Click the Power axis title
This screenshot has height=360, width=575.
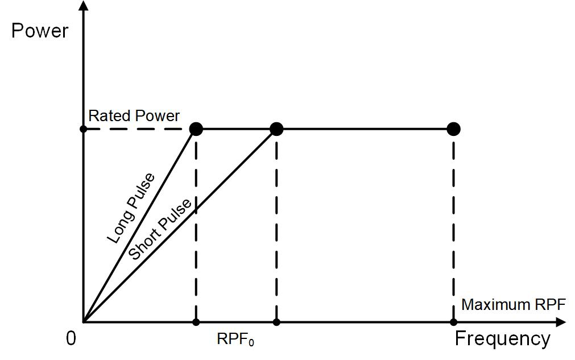[39, 30]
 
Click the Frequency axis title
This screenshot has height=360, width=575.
[502, 339]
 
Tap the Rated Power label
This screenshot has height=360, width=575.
[134, 116]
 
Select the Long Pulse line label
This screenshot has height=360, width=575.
[131, 208]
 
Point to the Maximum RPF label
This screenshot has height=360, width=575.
[513, 305]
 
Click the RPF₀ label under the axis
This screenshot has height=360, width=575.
[235, 340]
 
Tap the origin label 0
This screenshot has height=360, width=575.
[71, 339]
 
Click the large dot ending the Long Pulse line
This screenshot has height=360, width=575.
[196, 129]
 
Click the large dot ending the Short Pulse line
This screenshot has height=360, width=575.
[276, 129]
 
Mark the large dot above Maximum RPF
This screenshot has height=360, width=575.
[453, 129]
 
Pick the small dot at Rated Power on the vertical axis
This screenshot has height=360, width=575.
[84, 129]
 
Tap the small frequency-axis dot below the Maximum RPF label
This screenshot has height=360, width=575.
[453, 322]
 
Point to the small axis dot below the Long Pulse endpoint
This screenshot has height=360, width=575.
[196, 322]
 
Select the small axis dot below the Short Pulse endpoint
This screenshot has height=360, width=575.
[276, 322]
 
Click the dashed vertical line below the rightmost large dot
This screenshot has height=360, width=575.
[453, 227]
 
